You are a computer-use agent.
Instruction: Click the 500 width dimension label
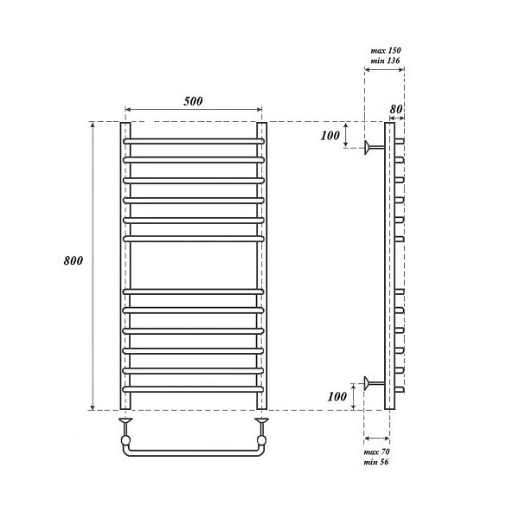click(193, 101)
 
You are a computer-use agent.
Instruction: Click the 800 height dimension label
click(74, 261)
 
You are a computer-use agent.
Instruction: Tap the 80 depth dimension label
click(396, 109)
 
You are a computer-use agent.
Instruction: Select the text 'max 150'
click(386, 50)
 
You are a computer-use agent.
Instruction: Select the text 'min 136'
click(385, 61)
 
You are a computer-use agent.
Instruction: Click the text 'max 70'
click(376, 452)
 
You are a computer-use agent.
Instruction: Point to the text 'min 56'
click(375, 462)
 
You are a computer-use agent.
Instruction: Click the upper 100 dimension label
click(330, 136)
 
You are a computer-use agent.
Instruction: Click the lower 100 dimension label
click(337, 396)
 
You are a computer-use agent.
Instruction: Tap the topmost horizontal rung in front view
click(194, 141)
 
